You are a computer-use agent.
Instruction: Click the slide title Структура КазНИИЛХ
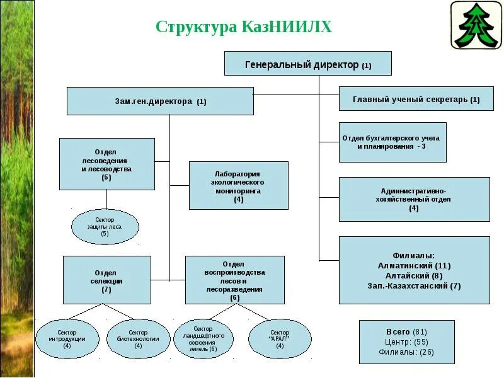click(243, 27)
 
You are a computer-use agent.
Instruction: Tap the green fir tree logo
click(475, 25)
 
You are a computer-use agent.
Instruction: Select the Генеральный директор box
click(307, 64)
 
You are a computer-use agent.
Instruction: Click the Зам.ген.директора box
click(160, 101)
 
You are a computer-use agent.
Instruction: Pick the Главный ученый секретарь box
click(416, 99)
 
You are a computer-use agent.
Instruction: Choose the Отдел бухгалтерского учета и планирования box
click(392, 142)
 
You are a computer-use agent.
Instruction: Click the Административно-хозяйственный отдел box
click(414, 199)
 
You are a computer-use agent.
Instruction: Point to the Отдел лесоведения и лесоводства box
click(106, 164)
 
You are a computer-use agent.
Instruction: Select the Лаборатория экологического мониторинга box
click(238, 185)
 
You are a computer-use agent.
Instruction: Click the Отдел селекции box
click(106, 280)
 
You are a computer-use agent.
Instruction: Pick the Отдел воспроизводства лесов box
click(234, 280)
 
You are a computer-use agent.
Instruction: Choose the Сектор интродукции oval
click(67, 339)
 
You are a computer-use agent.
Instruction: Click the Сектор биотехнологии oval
click(138, 339)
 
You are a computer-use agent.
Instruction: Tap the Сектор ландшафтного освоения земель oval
click(203, 339)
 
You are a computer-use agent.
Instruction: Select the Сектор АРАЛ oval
click(280, 339)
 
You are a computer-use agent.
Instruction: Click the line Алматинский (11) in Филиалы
click(414, 266)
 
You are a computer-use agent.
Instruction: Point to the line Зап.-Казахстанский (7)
click(414, 285)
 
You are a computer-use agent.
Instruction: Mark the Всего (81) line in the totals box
click(406, 331)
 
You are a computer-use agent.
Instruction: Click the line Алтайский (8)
click(414, 275)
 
